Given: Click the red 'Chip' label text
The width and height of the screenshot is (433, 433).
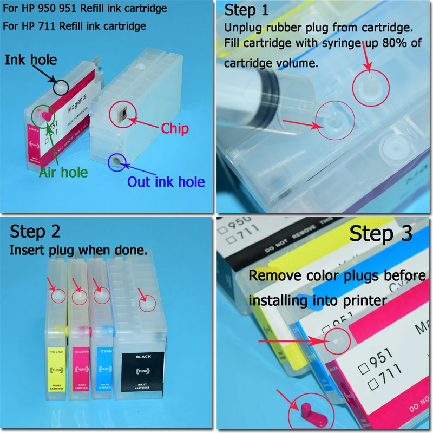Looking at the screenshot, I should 175,128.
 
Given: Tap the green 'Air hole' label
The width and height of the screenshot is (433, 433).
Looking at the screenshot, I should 63,172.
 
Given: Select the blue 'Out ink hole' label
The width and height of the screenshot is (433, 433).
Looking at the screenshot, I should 166,181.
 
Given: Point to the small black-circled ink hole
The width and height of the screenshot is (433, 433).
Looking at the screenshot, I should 61,86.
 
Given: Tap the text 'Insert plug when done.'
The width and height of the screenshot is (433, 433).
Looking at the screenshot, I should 78,251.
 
